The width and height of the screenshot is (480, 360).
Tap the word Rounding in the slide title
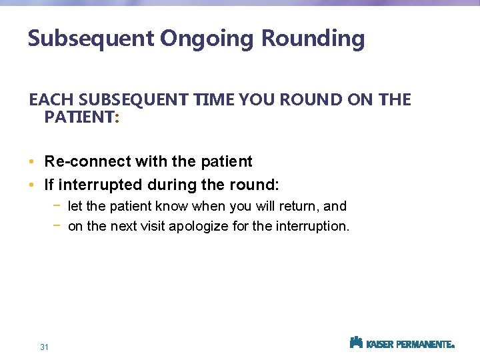(313, 39)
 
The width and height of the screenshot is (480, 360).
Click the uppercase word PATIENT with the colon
(80, 117)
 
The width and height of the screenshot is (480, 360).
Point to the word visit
(151, 227)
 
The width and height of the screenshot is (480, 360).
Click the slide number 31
(45, 347)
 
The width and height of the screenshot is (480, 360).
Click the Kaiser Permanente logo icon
(356, 343)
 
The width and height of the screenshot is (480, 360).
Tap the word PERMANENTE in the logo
(424, 345)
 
